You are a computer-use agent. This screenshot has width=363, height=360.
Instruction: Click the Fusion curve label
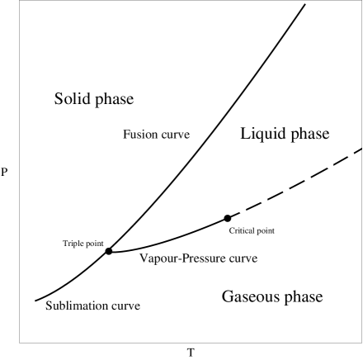(x=157, y=135)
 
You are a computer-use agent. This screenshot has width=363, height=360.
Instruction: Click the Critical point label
(x=252, y=231)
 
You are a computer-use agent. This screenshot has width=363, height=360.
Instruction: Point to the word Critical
(x=243, y=231)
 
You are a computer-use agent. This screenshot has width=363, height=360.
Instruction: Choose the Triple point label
(x=83, y=244)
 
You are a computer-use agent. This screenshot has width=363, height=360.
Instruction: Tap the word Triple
(x=74, y=244)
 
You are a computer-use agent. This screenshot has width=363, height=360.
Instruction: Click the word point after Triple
(x=95, y=244)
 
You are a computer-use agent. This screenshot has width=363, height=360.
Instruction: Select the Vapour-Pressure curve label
(x=198, y=258)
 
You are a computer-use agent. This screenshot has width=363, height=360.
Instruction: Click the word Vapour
(x=156, y=258)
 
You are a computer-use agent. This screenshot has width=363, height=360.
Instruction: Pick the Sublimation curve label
(x=93, y=306)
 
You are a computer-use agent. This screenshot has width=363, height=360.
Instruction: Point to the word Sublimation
(x=78, y=306)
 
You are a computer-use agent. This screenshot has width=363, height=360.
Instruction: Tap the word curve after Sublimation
(x=126, y=306)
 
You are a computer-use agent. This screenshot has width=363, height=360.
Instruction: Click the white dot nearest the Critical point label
(x=243, y=211)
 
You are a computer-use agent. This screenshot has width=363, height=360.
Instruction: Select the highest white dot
(x=351, y=154)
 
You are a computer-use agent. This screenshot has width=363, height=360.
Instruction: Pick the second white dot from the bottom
(x=264, y=200)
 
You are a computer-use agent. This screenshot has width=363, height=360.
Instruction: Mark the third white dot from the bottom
(x=286, y=190)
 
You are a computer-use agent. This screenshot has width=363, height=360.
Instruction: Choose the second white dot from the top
(x=330, y=165)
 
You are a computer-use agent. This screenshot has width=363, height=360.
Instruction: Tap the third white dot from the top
(x=308, y=178)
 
